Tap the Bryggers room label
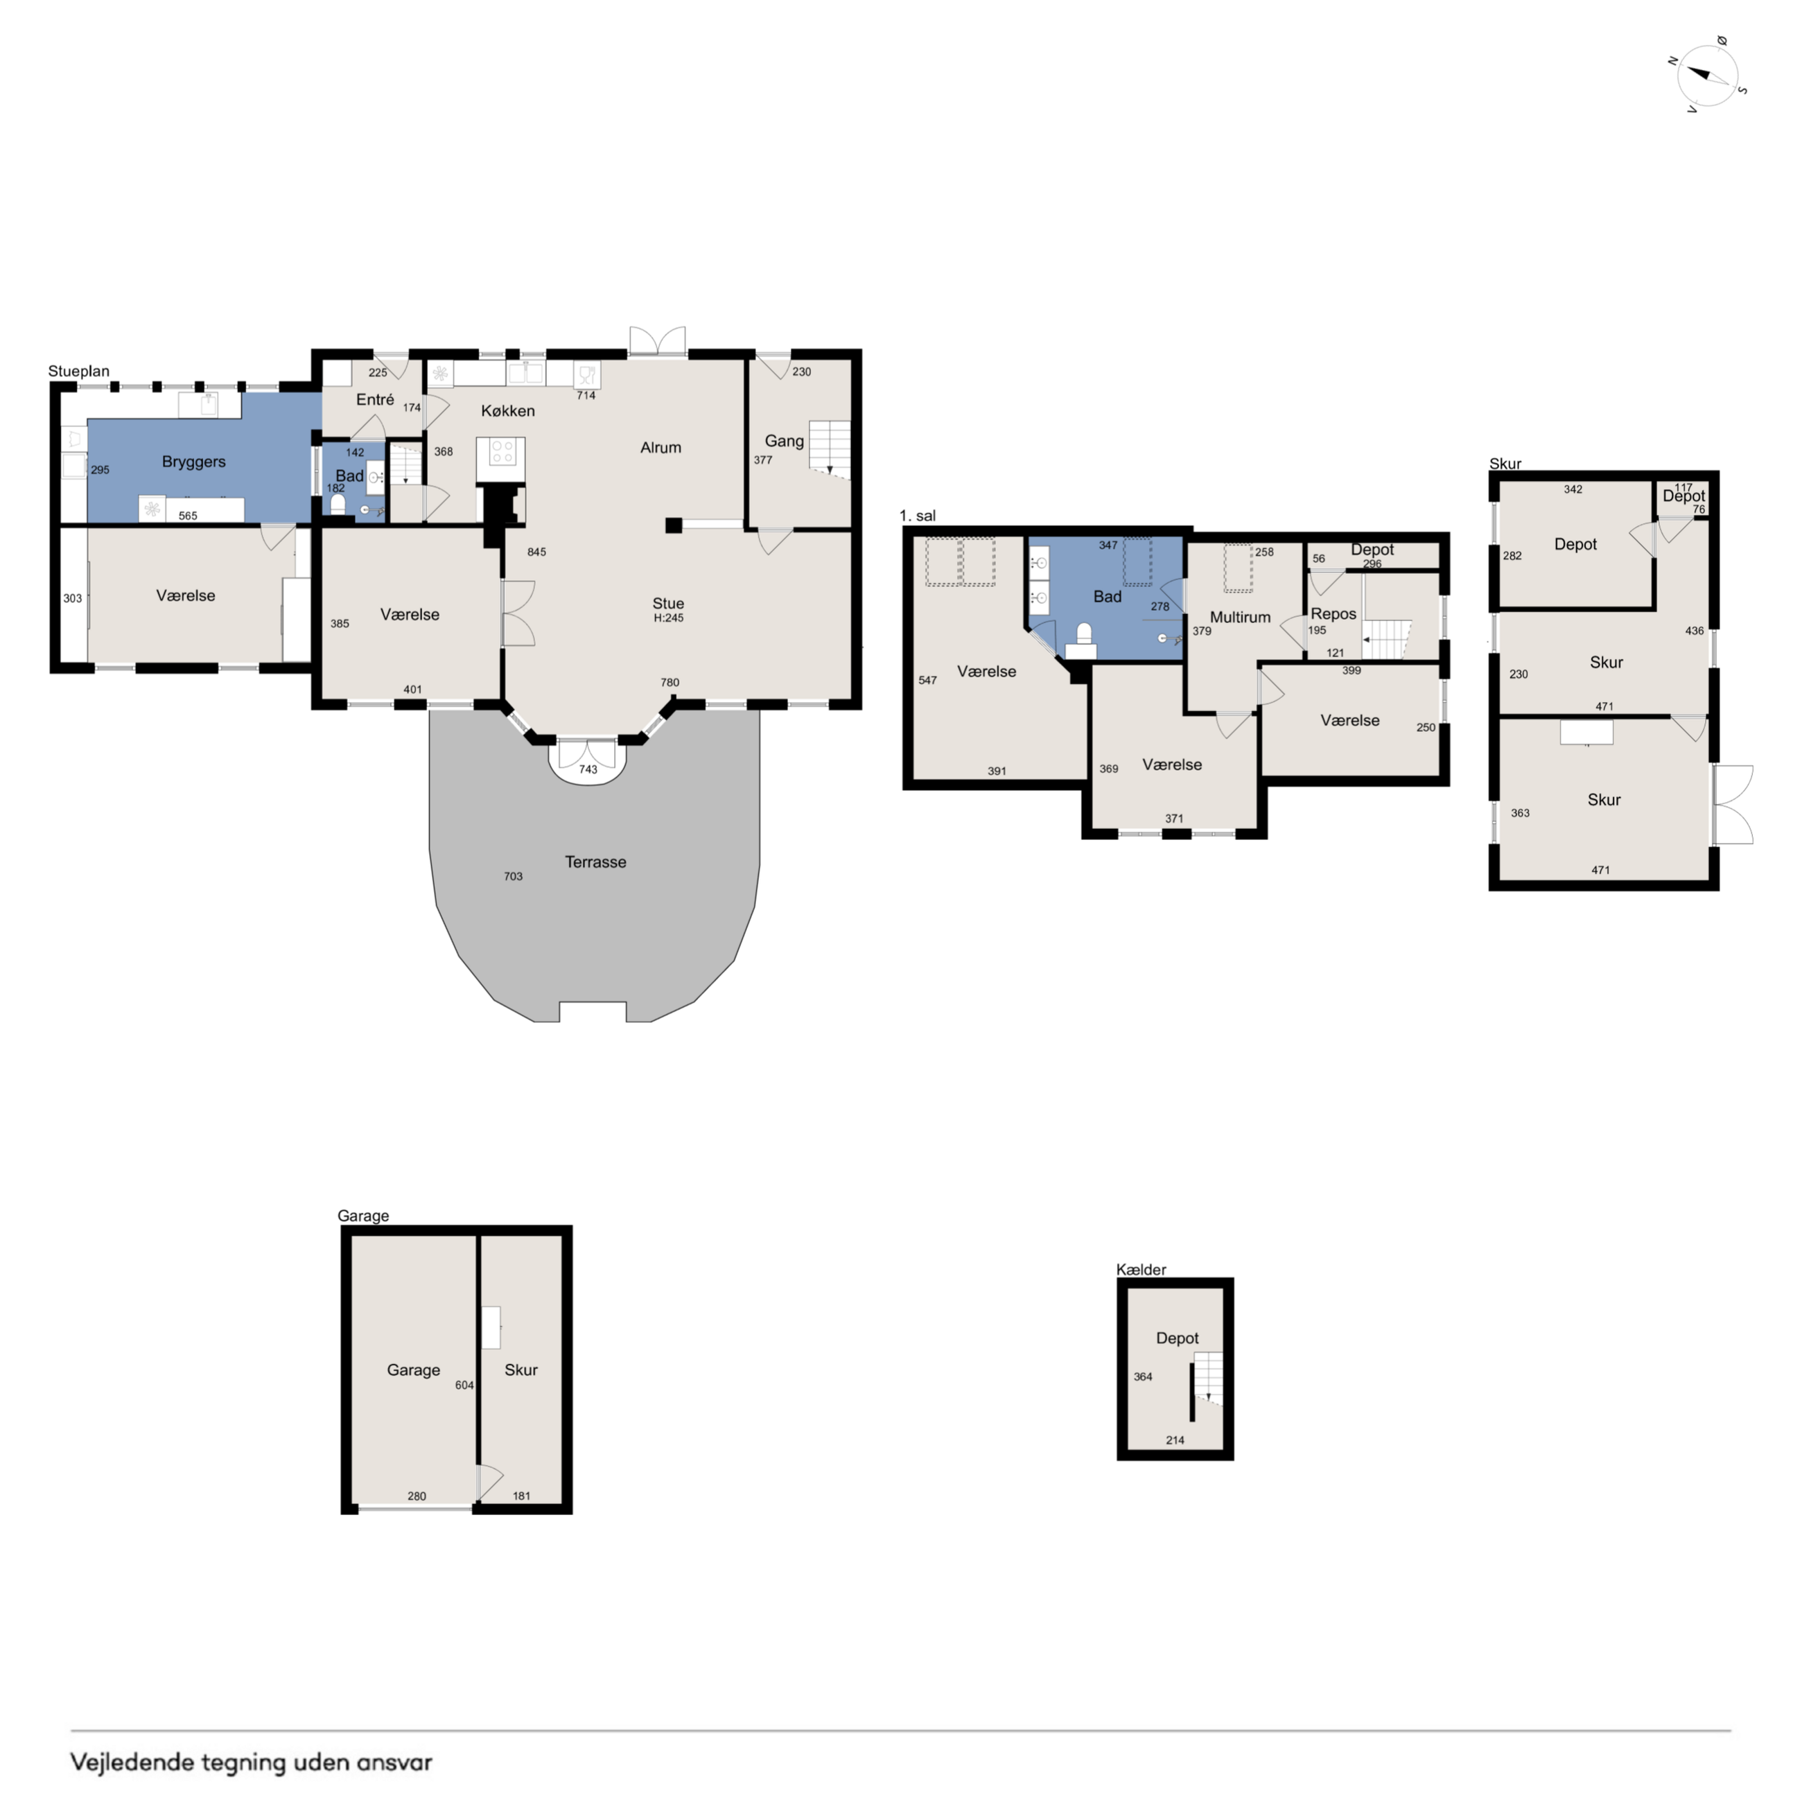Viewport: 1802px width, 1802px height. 194,462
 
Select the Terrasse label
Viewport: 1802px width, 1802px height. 595,861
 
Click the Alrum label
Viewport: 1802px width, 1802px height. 661,448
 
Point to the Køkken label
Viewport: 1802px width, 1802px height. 507,411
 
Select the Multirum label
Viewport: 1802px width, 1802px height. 1240,618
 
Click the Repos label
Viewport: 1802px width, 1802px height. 1333,614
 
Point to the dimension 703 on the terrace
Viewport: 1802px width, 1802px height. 513,877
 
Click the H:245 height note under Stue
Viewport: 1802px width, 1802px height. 668,618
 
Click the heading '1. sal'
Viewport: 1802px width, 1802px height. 917,516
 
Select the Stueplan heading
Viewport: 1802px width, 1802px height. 78,371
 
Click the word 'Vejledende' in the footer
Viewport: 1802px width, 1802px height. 133,1762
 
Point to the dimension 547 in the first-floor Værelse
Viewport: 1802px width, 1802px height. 927,681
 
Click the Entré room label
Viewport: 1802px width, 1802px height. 375,399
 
